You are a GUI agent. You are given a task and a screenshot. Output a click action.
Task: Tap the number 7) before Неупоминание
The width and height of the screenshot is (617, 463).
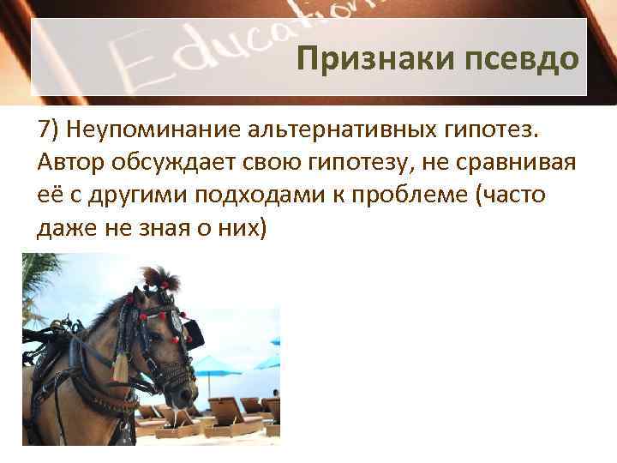pyautogui.click(x=48, y=129)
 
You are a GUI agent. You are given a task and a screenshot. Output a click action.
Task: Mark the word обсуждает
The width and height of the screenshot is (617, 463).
pyautogui.click(x=177, y=163)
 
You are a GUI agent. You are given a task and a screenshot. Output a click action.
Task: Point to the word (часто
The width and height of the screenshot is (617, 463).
pyautogui.click(x=516, y=196)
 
